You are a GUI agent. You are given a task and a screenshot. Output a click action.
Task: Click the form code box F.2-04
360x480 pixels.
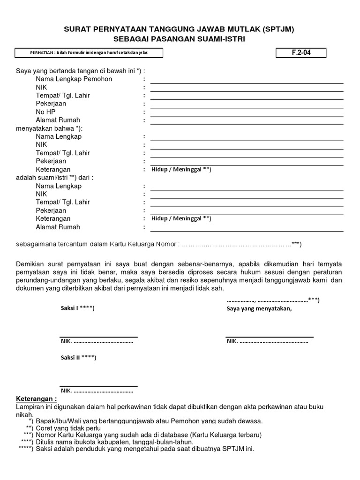point(301,52)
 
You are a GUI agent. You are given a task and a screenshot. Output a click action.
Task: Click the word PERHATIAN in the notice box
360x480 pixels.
point(41,53)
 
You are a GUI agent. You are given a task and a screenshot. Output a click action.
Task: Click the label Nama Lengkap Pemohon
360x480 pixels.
point(74,79)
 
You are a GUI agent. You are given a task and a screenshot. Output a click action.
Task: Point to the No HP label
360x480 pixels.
point(45,112)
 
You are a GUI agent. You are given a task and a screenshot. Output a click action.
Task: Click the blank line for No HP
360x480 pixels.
point(247,114)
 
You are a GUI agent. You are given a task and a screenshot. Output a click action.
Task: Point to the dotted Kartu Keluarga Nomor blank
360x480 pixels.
point(239,244)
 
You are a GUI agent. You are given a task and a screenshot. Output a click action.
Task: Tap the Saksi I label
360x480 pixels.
point(77,308)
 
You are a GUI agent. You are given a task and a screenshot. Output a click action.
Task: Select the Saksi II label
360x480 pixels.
point(78,358)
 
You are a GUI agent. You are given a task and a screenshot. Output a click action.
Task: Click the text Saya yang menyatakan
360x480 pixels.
point(259,308)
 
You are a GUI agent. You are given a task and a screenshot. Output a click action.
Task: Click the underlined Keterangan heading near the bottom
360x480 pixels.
point(37,399)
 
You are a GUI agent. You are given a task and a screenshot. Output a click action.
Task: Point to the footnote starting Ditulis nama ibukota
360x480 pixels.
point(114,442)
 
